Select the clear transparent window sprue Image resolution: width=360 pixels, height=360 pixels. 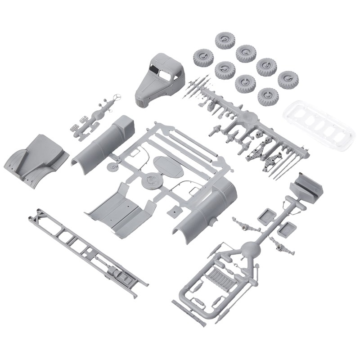pyautogui.click(x=320, y=123)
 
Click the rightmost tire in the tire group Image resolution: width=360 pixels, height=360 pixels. pyautogui.click(x=287, y=80)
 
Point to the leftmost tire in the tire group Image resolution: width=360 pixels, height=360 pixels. pyautogui.click(x=203, y=57)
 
